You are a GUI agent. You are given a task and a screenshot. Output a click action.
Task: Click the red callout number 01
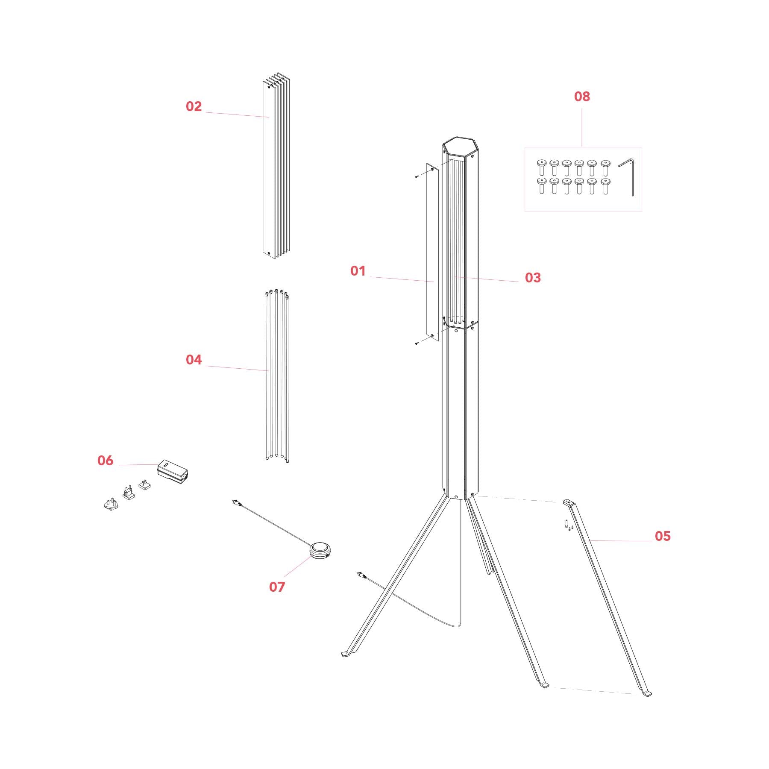[x=358, y=271]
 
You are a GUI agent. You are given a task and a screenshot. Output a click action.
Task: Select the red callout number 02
[x=194, y=106]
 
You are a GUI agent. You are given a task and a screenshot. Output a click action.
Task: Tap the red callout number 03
[x=533, y=278]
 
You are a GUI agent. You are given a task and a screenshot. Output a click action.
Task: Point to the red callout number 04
[x=194, y=360]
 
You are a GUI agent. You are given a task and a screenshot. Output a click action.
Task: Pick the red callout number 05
[x=663, y=536]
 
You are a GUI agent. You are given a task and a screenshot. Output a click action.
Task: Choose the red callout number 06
[x=105, y=461]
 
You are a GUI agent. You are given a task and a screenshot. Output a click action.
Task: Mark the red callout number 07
[x=277, y=587]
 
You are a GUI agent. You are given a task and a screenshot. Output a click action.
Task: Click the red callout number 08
[x=582, y=97]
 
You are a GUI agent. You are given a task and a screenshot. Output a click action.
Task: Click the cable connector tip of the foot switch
[x=235, y=501]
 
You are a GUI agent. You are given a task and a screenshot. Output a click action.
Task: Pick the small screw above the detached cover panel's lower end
[x=417, y=343]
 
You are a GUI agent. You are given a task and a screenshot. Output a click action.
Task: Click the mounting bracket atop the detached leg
[x=568, y=503]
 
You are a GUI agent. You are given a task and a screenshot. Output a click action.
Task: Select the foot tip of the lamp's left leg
[x=344, y=654]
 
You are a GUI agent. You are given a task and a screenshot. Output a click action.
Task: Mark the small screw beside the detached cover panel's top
[x=417, y=176]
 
